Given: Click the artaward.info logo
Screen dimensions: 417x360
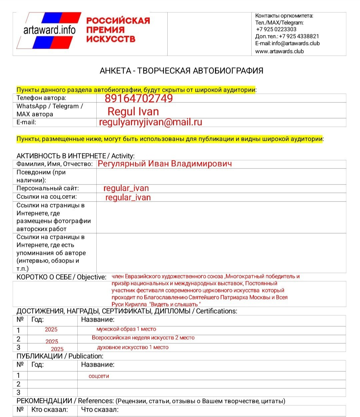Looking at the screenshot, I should (49, 30).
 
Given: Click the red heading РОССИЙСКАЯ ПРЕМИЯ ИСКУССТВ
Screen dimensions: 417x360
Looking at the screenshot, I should (118, 30).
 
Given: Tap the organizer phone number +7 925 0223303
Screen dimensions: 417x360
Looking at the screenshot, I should (276, 29).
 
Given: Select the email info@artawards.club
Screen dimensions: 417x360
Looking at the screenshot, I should (295, 43).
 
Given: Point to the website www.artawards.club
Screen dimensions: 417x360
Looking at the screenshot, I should (279, 51).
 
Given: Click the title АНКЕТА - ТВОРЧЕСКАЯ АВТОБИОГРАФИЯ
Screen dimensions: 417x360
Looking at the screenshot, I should (181, 71).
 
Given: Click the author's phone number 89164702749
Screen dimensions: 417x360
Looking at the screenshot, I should (139, 98).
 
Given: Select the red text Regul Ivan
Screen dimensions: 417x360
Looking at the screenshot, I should (133, 111).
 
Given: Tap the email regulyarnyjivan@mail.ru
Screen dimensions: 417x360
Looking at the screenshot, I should (150, 122).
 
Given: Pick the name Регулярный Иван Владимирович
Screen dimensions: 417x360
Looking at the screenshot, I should (165, 164).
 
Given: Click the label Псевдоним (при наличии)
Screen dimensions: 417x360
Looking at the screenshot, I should (41, 176).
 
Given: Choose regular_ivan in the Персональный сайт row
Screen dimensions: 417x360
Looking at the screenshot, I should (126, 188).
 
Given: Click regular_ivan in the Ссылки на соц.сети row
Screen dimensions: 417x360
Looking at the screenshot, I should (128, 197).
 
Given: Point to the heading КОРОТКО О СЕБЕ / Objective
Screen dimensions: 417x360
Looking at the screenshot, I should (61, 277).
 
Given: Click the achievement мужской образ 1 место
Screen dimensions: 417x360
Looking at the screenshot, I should (126, 329).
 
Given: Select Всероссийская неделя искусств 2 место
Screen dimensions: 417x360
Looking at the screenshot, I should (143, 338).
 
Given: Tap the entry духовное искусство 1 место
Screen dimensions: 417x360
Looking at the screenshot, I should (133, 347).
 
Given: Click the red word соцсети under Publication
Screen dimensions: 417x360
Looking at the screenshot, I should (99, 376).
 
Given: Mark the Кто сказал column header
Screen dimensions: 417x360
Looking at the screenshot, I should (49, 410).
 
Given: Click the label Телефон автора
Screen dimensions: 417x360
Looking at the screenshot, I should (41, 98).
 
